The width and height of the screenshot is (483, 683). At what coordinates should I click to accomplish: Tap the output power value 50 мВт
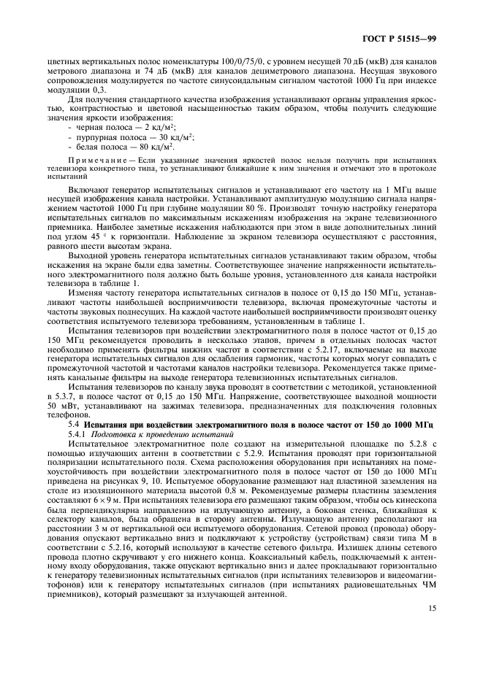[61, 403]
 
